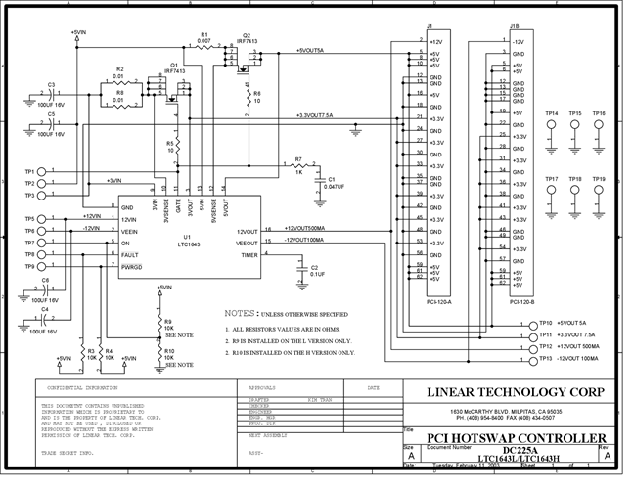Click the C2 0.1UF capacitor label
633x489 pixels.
tap(317, 270)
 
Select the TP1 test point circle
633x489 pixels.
tap(40, 172)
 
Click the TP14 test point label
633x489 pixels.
tap(552, 113)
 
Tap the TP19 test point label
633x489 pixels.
tap(598, 179)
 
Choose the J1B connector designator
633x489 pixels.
tap(514, 26)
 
